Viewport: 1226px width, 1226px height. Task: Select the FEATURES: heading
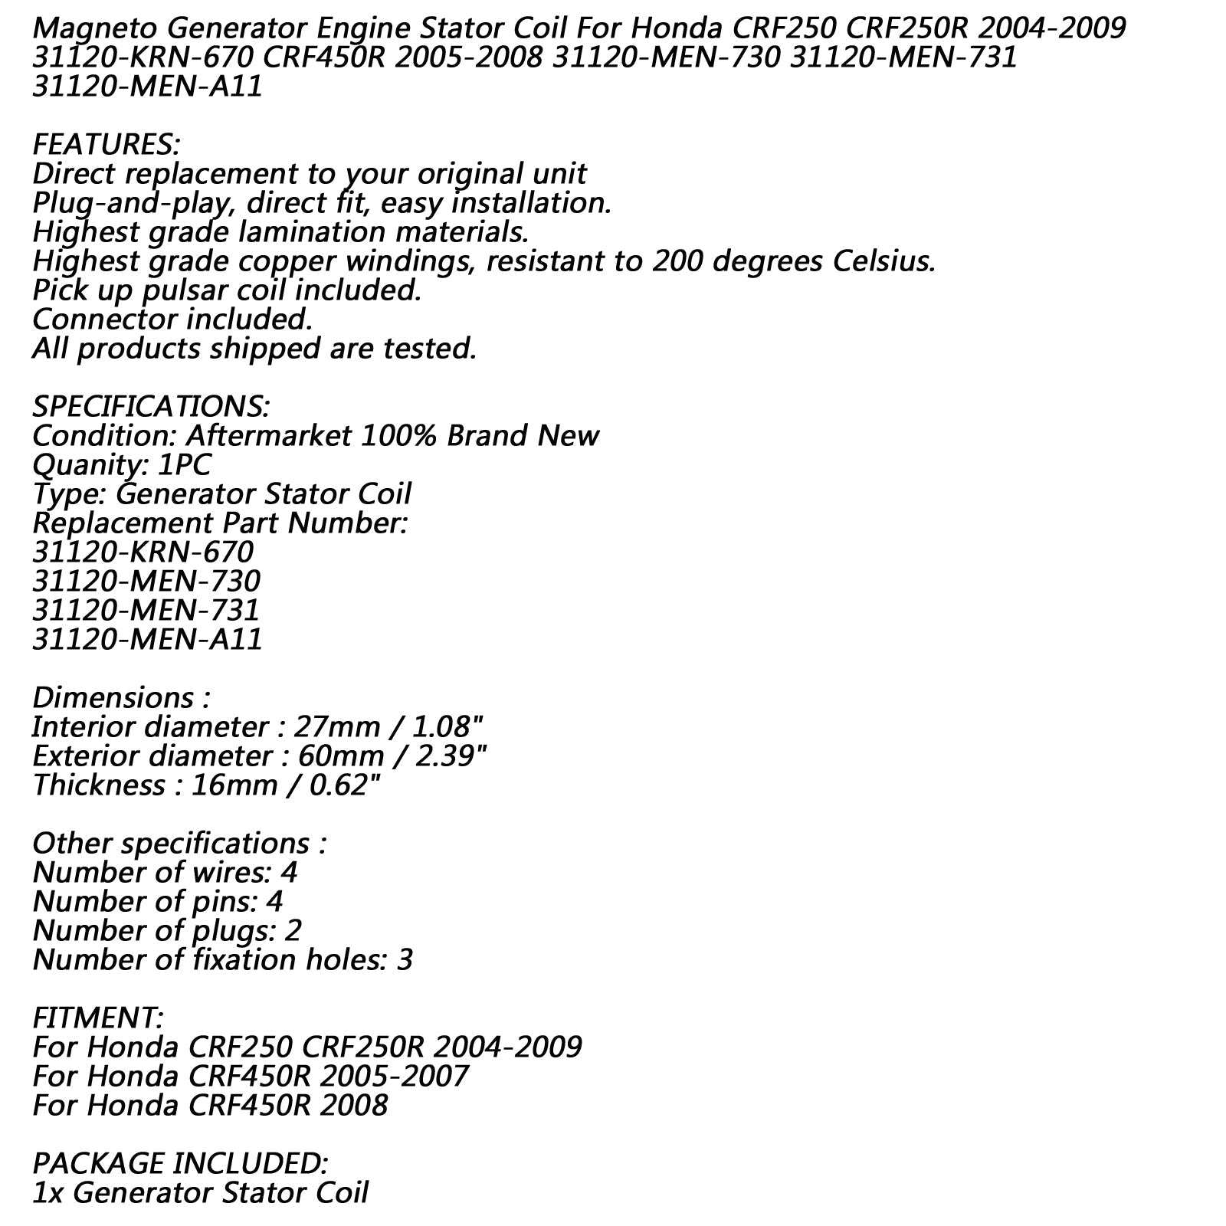click(106, 145)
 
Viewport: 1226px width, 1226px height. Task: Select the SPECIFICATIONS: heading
click(150, 407)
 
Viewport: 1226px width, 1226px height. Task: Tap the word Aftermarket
click(268, 436)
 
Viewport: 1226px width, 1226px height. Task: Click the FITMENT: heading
click(97, 1018)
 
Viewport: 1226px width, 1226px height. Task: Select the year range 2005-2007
click(395, 1077)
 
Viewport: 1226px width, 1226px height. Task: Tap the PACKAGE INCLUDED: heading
click(180, 1164)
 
